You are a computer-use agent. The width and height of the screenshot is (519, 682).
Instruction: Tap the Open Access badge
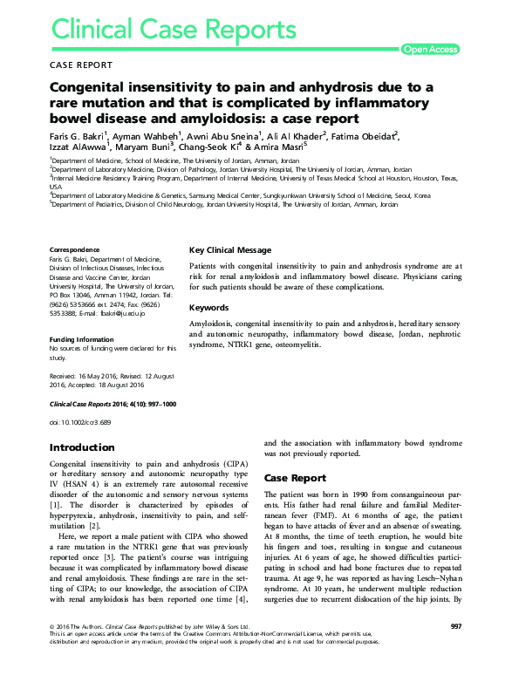(x=429, y=50)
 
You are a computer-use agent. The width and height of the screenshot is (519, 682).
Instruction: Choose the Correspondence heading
(x=75, y=250)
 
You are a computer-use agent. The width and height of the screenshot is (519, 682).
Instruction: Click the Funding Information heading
(x=84, y=339)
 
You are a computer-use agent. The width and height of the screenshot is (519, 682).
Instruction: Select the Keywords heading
(x=209, y=308)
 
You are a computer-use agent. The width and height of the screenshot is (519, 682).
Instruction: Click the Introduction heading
(x=84, y=447)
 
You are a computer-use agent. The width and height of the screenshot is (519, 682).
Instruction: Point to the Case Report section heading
(x=295, y=478)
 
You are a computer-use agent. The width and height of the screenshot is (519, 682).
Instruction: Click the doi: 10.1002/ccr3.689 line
(x=87, y=422)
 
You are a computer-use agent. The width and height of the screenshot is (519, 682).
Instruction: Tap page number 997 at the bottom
(x=455, y=651)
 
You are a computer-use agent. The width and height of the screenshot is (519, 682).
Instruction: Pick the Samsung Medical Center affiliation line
(x=228, y=196)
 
